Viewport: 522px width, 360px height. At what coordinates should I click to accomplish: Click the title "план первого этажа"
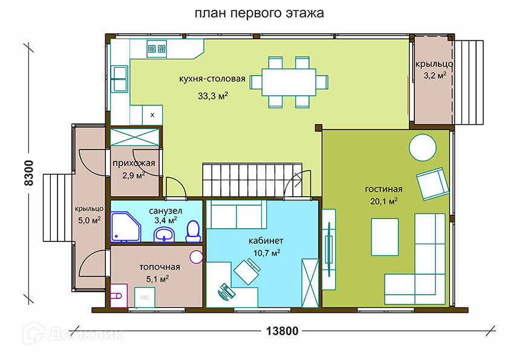click(x=259, y=13)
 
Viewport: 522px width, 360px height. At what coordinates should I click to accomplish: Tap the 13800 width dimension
click(x=282, y=331)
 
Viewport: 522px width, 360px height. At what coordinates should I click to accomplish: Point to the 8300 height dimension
click(x=29, y=173)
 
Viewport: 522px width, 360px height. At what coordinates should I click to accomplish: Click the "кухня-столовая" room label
click(x=212, y=79)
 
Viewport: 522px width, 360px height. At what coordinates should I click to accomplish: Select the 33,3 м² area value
click(x=213, y=96)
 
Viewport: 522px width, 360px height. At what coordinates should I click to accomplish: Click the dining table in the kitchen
click(x=289, y=82)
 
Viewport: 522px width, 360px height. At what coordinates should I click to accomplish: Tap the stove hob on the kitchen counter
click(x=157, y=49)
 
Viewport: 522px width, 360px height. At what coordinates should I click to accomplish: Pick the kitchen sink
click(x=119, y=79)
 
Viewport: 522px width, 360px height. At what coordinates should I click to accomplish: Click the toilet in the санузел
click(x=193, y=231)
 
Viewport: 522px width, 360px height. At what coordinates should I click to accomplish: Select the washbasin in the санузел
click(x=164, y=234)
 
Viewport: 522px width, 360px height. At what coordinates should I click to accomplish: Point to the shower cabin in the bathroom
click(x=126, y=227)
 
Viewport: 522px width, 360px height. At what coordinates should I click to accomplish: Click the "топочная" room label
click(x=160, y=267)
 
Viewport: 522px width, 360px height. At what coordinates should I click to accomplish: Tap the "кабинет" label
click(x=266, y=241)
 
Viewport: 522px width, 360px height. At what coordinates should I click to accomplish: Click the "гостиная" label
click(x=383, y=189)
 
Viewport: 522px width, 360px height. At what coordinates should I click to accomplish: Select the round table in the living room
click(x=422, y=148)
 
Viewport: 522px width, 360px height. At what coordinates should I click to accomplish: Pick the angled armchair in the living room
click(x=432, y=183)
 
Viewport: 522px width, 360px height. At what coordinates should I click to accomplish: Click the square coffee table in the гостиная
click(x=385, y=237)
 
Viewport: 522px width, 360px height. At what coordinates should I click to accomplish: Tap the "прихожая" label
click(x=134, y=163)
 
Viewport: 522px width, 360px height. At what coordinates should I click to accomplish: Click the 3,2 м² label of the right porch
click(x=435, y=75)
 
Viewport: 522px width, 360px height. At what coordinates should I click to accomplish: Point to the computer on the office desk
click(x=226, y=292)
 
